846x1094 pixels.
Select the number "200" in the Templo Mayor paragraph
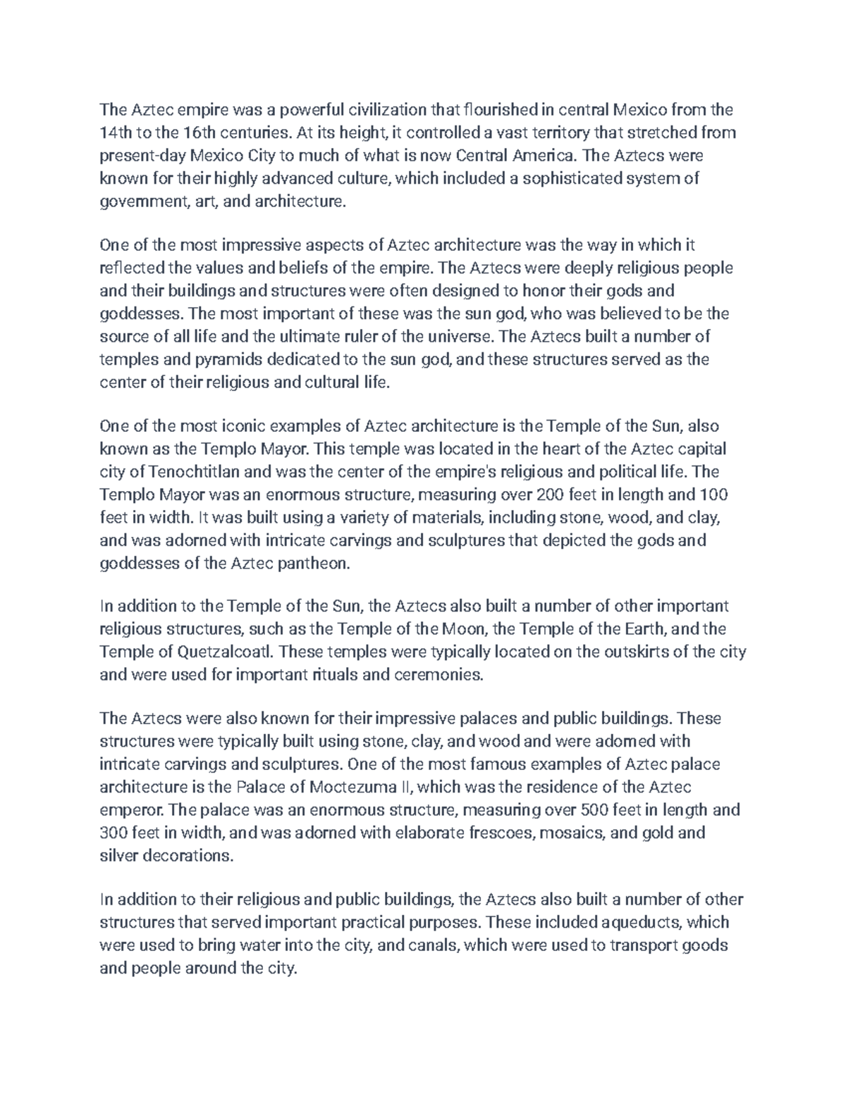[551, 495]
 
